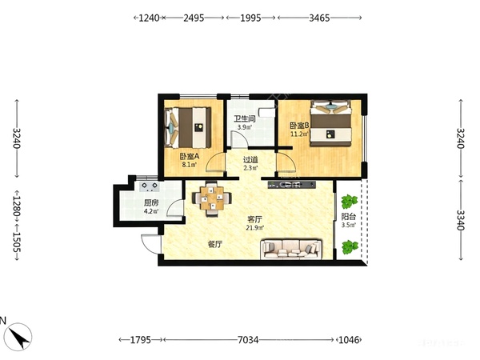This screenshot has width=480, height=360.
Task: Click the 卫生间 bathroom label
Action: (x=244, y=118)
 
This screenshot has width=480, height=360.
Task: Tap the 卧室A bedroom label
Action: (x=189, y=157)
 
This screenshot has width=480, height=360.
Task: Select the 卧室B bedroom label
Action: (x=300, y=126)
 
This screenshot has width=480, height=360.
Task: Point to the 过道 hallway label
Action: (x=250, y=160)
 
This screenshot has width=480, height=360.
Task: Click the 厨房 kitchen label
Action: (x=151, y=203)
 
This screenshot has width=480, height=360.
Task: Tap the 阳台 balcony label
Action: (x=348, y=217)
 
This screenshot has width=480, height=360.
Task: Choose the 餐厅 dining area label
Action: (x=215, y=244)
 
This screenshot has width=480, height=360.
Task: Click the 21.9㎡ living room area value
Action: (x=254, y=228)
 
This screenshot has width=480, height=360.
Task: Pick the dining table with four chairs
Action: (x=211, y=198)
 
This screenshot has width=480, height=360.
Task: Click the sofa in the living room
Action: (x=291, y=249)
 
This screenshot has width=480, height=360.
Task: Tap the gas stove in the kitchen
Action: (x=149, y=186)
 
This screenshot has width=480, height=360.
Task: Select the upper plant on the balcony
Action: (x=350, y=201)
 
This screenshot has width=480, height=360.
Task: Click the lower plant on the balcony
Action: (x=350, y=246)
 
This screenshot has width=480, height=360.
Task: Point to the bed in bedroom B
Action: (x=330, y=123)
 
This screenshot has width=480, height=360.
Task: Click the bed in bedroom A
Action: (x=188, y=127)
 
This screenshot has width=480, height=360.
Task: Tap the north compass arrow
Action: (x=18, y=336)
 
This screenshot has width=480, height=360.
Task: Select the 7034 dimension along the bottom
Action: (x=248, y=340)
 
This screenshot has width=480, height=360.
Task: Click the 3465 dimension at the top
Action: (x=319, y=18)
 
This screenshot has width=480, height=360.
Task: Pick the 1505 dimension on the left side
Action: (x=17, y=242)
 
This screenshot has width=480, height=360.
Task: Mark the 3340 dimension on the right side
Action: (x=461, y=220)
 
